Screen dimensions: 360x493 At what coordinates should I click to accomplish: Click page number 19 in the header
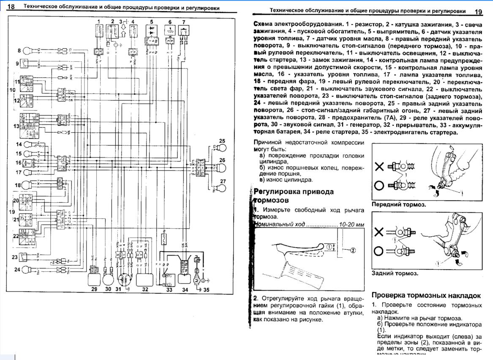click(x=478, y=12)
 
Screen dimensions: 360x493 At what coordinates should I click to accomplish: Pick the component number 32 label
click(x=145, y=289)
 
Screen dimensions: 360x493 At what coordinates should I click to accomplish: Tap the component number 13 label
click(x=16, y=126)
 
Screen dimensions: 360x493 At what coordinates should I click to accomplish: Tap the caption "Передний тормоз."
click(x=398, y=205)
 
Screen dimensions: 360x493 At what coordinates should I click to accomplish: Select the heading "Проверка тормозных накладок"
click(x=426, y=295)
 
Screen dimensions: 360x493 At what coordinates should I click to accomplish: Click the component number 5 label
click(x=151, y=21)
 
